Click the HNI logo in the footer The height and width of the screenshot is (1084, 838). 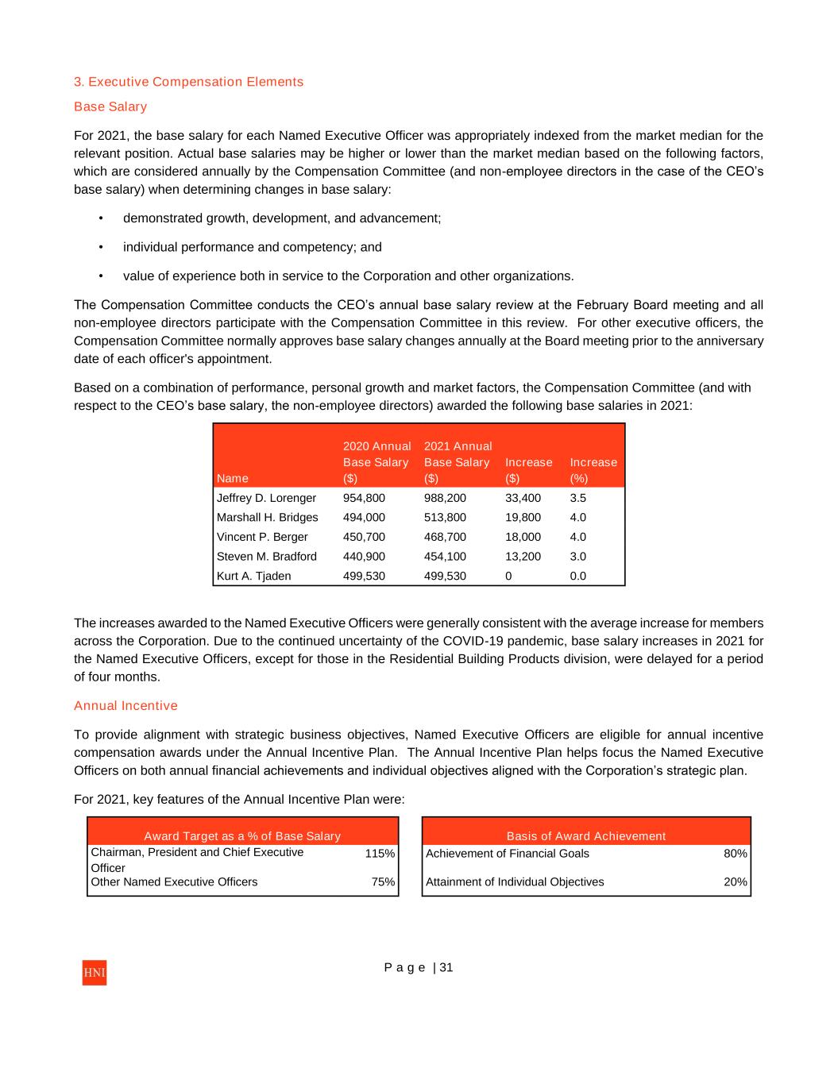tap(94, 973)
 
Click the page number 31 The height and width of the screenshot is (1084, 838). tap(446, 967)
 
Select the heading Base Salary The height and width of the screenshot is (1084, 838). tap(110, 106)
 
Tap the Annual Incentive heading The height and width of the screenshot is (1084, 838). tap(126, 706)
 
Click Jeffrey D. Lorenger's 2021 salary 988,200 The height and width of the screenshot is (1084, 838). tap(445, 498)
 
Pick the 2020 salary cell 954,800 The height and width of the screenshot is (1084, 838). tap(364, 498)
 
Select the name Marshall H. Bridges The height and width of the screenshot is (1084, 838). tap(267, 518)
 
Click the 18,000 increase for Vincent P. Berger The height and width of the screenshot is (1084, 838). tap(523, 537)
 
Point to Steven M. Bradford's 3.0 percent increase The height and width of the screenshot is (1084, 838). tap(577, 557)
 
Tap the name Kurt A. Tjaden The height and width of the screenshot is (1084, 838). tap(253, 576)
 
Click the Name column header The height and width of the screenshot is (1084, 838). tap(232, 478)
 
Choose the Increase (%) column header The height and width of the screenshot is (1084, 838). tap(593, 469)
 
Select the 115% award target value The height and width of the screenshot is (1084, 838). tap(380, 854)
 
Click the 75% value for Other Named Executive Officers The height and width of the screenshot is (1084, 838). tap(383, 882)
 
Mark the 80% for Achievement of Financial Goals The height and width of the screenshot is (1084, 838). tap(735, 854)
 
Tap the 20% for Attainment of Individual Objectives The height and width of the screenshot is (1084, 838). tap(735, 882)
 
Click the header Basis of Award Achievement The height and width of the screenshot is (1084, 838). tap(586, 836)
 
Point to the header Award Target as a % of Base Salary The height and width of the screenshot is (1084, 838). tap(242, 836)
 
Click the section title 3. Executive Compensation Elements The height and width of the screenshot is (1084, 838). tap(188, 82)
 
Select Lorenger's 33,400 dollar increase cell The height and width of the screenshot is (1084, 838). tap(523, 498)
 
